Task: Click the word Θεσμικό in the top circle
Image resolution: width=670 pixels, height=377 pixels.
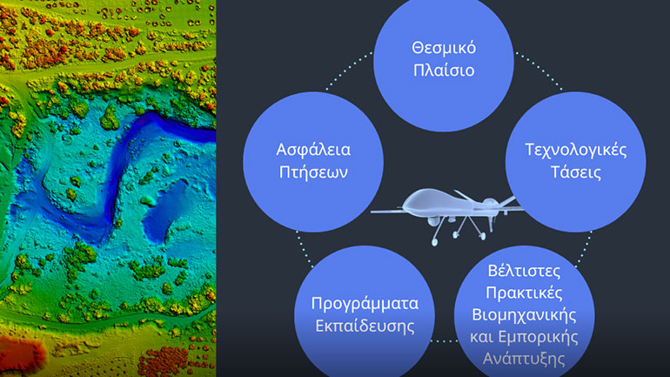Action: (x=443, y=46)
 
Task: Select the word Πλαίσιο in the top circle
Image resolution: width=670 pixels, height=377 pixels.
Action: (x=443, y=71)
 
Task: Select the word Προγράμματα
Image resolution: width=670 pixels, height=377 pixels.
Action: (x=365, y=304)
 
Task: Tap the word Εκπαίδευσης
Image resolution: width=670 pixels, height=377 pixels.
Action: (x=365, y=327)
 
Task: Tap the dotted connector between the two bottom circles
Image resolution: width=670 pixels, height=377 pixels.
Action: (x=444, y=340)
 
